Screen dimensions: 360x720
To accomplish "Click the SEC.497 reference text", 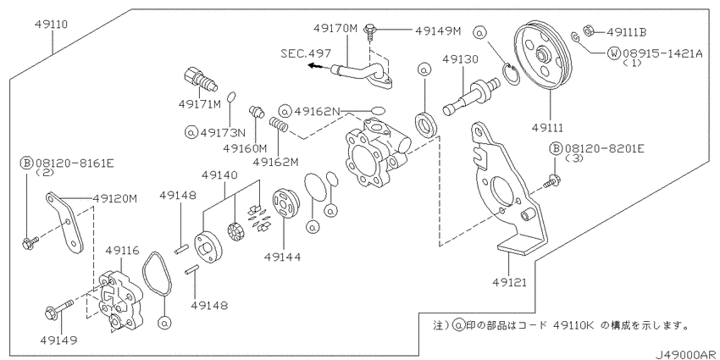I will click(x=307, y=52).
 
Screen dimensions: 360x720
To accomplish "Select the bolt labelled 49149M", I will click(x=370, y=32).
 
